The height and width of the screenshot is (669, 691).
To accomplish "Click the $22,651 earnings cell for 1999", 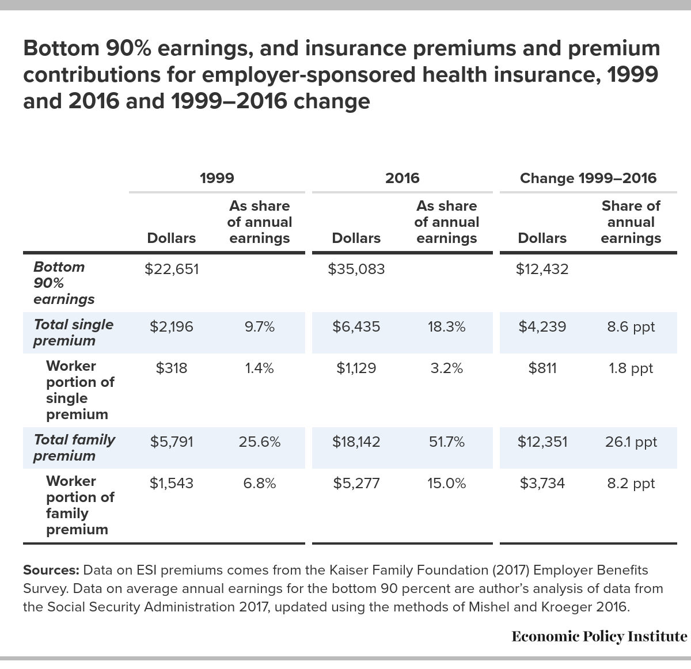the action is pyautogui.click(x=172, y=269).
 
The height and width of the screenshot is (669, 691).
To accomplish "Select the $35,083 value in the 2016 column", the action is pyautogui.click(x=356, y=269).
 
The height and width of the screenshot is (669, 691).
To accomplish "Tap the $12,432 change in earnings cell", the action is pyautogui.click(x=542, y=269).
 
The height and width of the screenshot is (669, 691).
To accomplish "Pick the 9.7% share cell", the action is pyautogui.click(x=260, y=326).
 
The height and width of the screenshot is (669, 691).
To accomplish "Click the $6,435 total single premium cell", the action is pyautogui.click(x=356, y=326).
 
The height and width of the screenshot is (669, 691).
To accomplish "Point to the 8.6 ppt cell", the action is pyautogui.click(x=631, y=327).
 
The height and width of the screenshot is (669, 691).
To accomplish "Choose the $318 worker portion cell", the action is pyautogui.click(x=172, y=368).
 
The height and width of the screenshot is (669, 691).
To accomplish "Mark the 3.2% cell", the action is pyautogui.click(x=447, y=368).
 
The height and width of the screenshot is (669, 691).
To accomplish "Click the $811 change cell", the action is pyautogui.click(x=542, y=368).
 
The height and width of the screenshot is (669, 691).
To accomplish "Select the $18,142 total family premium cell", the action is pyautogui.click(x=356, y=442).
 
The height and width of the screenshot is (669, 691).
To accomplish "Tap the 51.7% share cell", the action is pyautogui.click(x=447, y=442).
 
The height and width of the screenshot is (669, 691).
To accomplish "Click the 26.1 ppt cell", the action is pyautogui.click(x=631, y=442).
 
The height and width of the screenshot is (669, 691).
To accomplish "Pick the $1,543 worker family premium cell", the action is pyautogui.click(x=172, y=483).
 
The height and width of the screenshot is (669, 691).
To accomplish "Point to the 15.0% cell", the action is pyautogui.click(x=447, y=483).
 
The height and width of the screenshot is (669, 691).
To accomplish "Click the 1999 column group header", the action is pyautogui.click(x=217, y=178).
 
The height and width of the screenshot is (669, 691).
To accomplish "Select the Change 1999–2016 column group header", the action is pyautogui.click(x=588, y=178).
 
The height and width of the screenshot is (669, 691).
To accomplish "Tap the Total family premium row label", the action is pyautogui.click(x=74, y=447).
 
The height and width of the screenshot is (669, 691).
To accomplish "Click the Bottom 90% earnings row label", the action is pyautogui.click(x=64, y=283).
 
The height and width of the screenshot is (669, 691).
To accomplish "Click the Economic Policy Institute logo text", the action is pyautogui.click(x=599, y=636).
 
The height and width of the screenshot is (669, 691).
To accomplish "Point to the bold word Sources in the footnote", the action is pyautogui.click(x=51, y=570).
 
